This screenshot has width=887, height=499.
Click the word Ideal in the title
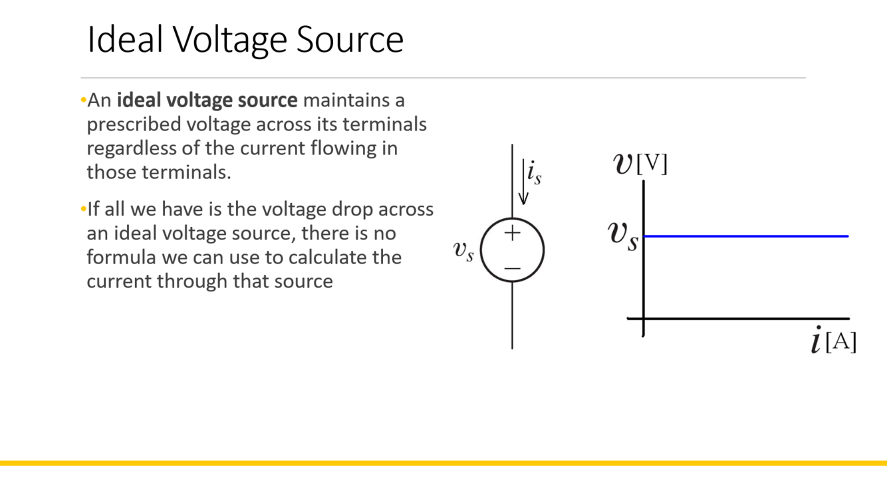125,40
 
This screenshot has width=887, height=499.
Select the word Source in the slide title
350,40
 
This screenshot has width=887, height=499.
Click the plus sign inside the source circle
512,233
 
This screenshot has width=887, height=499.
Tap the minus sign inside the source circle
512,268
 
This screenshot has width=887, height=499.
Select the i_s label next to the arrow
535,173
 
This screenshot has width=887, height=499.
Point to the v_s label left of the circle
463,250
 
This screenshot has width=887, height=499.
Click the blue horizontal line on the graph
745,236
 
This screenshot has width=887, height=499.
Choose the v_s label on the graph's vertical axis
624,236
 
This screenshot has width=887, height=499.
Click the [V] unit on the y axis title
652,164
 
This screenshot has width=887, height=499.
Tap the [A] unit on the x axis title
840,342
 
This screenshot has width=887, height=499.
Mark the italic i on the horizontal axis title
817,341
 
